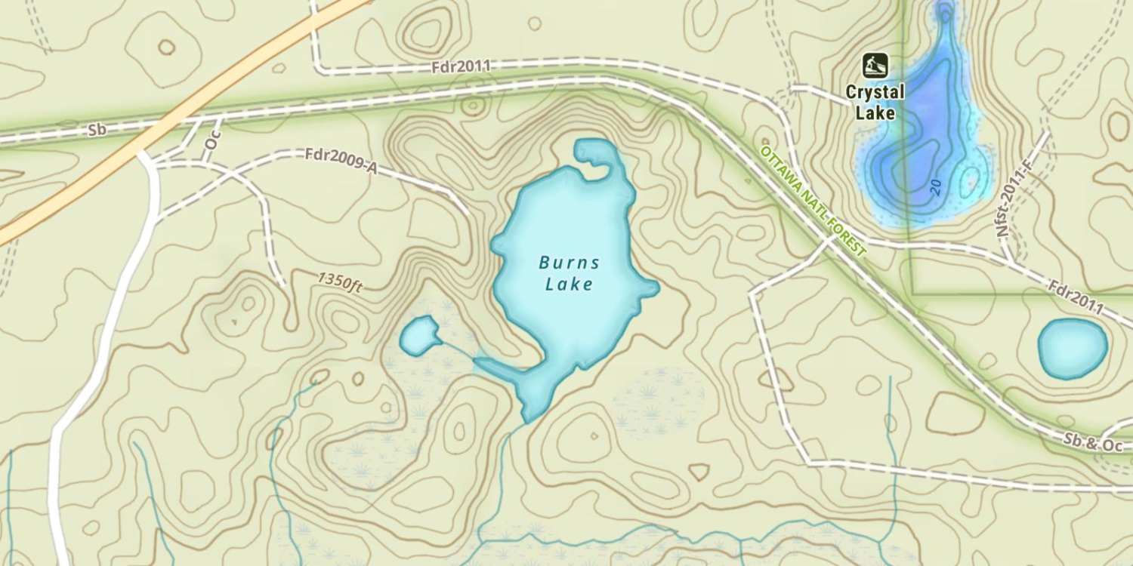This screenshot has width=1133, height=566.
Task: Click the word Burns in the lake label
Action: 570,263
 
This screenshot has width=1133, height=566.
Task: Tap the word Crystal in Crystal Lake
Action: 875,92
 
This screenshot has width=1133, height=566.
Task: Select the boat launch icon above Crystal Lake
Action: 875,66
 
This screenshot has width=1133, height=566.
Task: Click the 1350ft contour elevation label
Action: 341,283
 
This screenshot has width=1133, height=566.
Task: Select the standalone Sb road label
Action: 96,130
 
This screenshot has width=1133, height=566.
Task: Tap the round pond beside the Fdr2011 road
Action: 1072,348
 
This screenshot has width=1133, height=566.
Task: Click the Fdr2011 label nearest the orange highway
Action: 460,66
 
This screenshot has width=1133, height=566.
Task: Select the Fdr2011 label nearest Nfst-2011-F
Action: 1076,299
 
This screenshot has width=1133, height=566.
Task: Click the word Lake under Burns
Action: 568,285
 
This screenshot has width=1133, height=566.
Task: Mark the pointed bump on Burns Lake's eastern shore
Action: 650,288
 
